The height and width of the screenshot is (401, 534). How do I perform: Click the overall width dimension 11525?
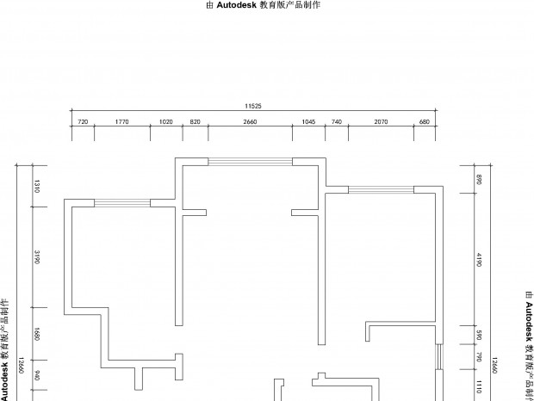[253, 106]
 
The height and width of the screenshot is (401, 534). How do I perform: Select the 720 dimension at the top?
[83, 121]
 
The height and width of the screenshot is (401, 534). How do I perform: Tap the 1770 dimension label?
[122, 121]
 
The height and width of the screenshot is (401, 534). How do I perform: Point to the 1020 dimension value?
[166, 121]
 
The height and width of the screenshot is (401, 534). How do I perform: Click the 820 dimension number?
[196, 121]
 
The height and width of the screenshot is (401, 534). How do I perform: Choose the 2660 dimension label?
[250, 121]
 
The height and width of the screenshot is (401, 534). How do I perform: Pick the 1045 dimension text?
[308, 121]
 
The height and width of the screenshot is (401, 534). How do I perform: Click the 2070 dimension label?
[381, 121]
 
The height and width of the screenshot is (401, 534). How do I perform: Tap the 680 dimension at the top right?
[425, 121]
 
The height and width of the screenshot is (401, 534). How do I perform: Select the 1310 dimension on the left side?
[37, 186]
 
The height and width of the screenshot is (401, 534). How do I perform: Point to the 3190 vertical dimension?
[37, 257]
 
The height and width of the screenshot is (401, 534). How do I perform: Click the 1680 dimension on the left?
[37, 334]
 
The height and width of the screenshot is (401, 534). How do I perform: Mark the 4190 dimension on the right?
[479, 260]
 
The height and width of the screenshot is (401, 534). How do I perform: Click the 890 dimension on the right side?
[479, 180]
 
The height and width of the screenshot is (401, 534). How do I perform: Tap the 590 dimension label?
[479, 335]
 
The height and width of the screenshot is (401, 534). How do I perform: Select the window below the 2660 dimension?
[251, 162]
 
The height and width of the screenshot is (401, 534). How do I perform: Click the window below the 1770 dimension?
[122, 203]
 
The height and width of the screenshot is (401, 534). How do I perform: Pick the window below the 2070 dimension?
[381, 190]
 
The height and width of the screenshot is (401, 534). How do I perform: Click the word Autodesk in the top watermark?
[236, 5]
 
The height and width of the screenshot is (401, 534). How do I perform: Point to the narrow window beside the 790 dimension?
[439, 357]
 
